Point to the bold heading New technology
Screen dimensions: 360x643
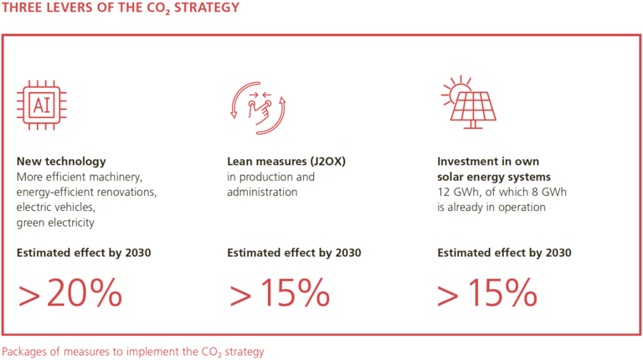coord(61,161)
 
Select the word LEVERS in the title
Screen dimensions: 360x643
coord(68,9)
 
